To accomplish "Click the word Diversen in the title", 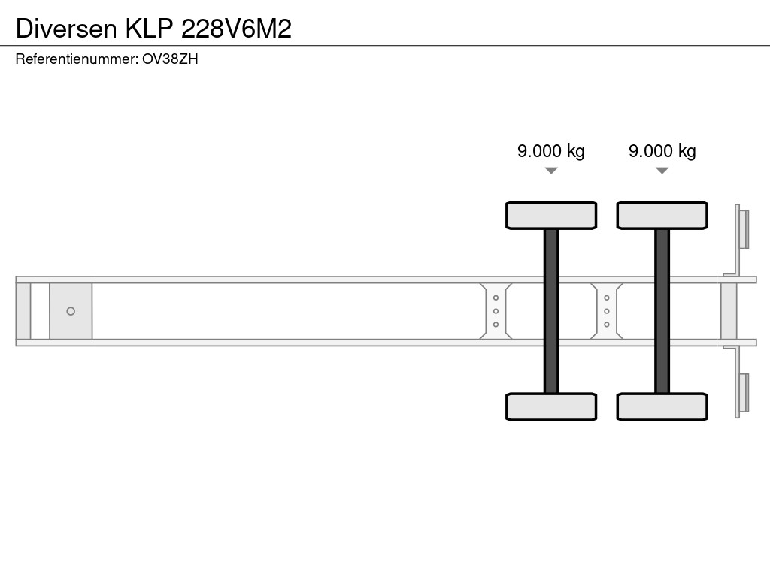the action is point(66,29).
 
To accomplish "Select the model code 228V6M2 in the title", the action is point(236,29).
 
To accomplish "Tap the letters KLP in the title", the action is point(150,29).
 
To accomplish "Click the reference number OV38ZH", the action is point(170,59).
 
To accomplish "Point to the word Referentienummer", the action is point(77,59).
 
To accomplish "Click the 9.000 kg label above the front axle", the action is point(551,150).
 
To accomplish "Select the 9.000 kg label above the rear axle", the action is point(662,150).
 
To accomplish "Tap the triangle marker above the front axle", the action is point(551,171).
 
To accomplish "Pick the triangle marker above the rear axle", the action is point(662,171).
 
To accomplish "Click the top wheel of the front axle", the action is point(551,215).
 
